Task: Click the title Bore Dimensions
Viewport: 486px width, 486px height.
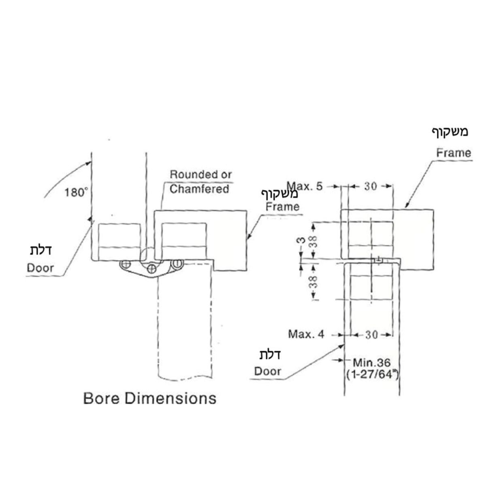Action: click(150, 399)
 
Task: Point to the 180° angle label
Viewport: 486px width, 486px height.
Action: click(76, 193)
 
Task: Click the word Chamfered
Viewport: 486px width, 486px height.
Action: click(199, 189)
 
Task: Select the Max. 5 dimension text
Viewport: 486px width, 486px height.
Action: click(305, 186)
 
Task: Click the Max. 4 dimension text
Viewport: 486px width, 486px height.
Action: click(306, 335)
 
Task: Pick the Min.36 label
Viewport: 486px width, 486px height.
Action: click(371, 363)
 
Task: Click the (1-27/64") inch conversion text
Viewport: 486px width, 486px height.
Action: click(373, 375)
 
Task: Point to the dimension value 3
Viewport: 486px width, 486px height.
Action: click(300, 240)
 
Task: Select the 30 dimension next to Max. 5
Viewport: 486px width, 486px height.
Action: click(371, 186)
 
